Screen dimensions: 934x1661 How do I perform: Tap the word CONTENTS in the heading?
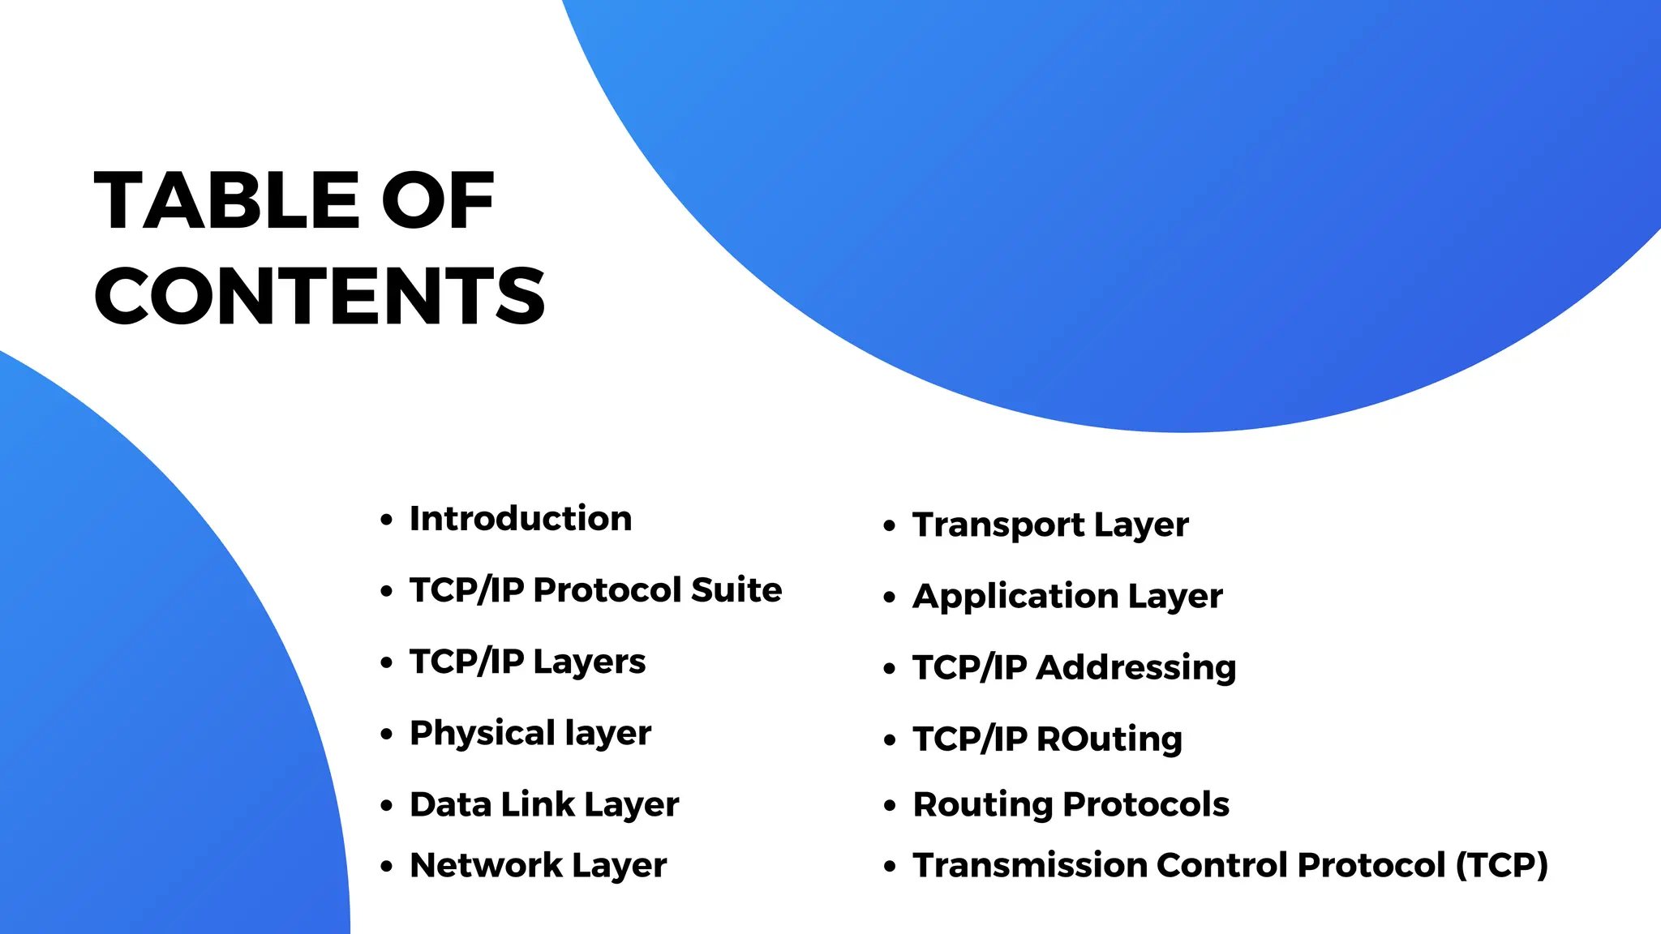click(320, 296)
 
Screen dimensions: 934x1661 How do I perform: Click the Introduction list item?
click(520, 519)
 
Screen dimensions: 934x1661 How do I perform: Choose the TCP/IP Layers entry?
click(527, 662)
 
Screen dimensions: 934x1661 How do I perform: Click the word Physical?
click(482, 734)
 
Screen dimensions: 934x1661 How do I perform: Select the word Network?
click(485, 865)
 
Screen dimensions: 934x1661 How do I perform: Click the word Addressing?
click(1136, 668)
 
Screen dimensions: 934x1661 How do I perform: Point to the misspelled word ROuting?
click(1109, 739)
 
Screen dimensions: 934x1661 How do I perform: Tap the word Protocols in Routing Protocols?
click(1146, 804)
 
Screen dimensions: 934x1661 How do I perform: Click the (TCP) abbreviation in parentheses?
click(1502, 865)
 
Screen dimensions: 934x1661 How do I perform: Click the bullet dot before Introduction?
click(387, 520)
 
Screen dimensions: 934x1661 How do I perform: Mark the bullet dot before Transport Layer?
click(890, 526)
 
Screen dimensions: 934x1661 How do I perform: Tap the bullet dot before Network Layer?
click(387, 867)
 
